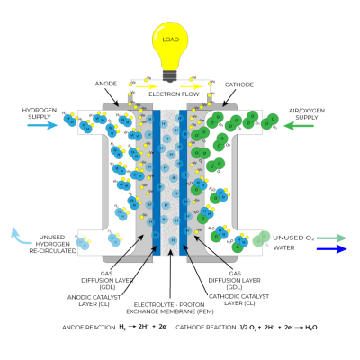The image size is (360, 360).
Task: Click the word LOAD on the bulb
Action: [170, 40]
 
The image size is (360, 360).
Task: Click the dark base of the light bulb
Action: [169, 76]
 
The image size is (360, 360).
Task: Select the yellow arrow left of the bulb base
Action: [146, 86]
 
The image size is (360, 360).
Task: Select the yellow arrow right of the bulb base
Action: [192, 86]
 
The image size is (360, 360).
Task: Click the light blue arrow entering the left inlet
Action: [42, 125]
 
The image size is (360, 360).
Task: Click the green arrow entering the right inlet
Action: [299, 126]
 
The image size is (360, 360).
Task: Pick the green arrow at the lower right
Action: [331, 238]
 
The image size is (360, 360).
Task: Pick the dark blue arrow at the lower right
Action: [331, 249]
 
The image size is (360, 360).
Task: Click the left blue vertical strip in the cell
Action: [157, 180]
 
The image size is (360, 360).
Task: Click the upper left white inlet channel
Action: [91, 121]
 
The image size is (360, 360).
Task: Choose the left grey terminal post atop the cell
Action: [130, 98]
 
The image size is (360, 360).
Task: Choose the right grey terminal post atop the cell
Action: [209, 98]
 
